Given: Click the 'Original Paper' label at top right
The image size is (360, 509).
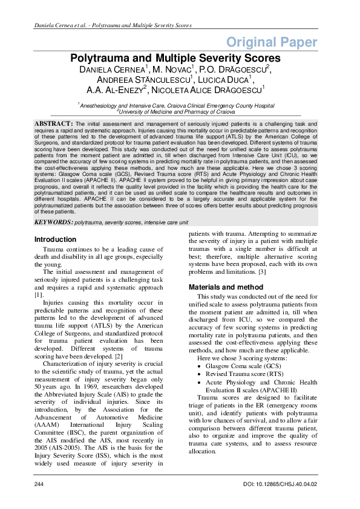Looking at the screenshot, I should (x=272, y=42).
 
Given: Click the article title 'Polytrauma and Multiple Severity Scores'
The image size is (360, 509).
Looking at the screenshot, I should (x=175, y=58).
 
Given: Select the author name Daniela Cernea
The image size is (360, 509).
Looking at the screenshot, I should (x=113, y=70).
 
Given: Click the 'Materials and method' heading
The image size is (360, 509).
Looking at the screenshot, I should (x=226, y=287).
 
